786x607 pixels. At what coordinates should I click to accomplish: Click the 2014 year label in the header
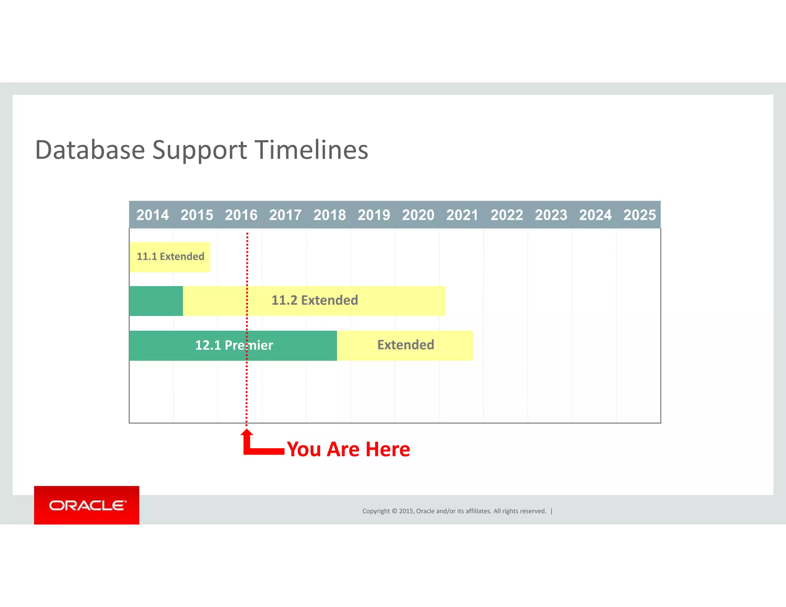coord(152,215)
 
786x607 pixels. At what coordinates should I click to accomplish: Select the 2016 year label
coord(241,215)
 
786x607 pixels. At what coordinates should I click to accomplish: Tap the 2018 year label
coord(330,215)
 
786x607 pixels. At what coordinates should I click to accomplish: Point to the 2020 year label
coord(418,215)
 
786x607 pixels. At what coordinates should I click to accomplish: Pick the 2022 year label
coord(507,215)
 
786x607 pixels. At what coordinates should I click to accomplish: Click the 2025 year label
coord(639,215)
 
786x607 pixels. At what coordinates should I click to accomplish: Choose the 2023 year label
coord(551,215)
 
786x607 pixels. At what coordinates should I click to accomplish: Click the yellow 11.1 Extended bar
coord(170,257)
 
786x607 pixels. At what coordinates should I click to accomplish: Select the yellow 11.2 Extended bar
coord(314,300)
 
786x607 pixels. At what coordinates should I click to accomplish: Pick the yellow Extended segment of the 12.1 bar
coord(405,345)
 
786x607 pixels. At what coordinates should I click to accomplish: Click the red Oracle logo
coord(87,505)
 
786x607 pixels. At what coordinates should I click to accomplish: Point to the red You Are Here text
coord(348,449)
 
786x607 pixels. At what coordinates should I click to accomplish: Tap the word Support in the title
coord(200,150)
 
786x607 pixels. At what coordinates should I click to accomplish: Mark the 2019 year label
coord(374,215)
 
